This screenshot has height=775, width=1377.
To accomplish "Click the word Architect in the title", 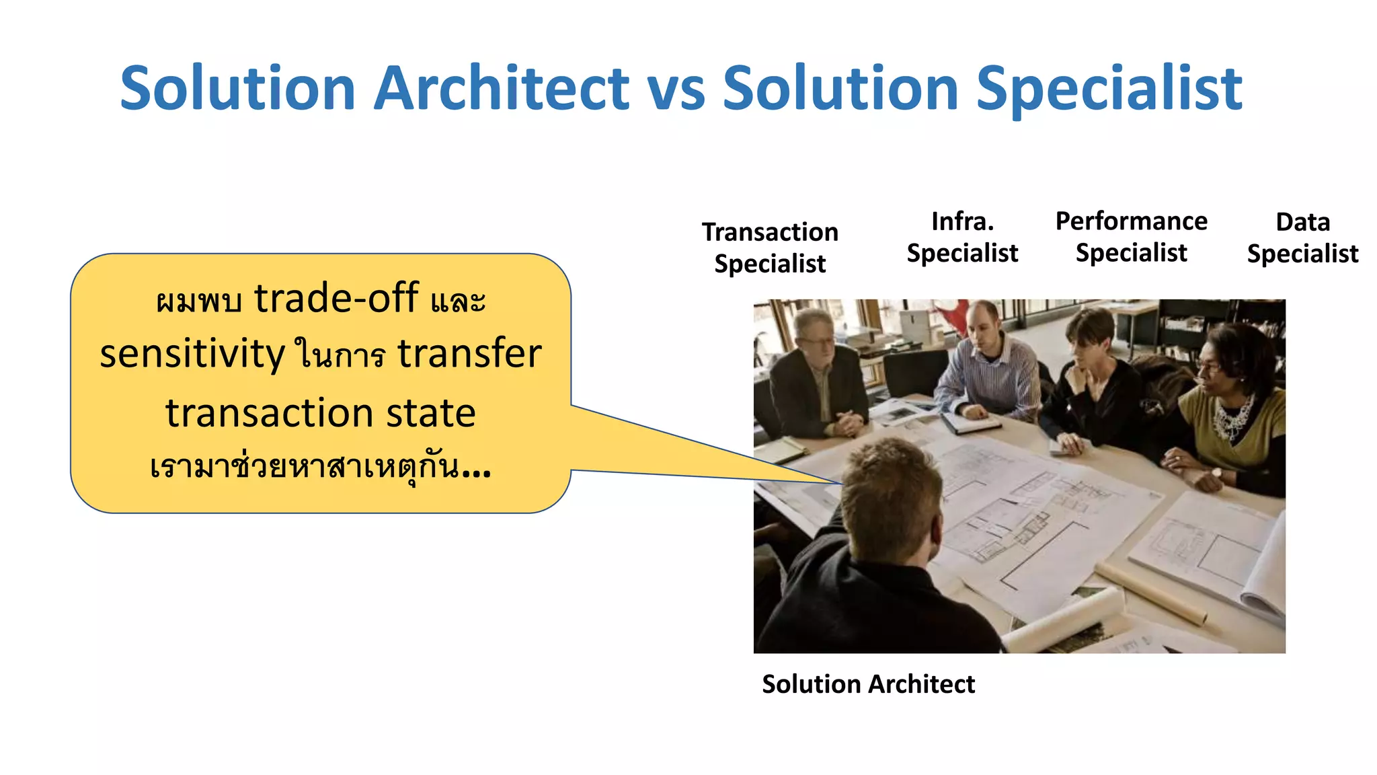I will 501,89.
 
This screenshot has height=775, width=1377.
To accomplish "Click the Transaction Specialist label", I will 770,248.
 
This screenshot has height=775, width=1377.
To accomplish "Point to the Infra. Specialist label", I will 962,237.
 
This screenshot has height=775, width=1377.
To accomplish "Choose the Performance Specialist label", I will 1131,237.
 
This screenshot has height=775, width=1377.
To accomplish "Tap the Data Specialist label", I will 1302,238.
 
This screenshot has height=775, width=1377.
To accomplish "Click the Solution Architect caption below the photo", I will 868,684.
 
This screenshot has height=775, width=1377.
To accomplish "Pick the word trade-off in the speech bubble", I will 336,298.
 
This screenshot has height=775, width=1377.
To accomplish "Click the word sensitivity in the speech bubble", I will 192,354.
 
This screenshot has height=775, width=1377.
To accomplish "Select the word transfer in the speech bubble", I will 469,354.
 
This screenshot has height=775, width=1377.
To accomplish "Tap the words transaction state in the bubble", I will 321,413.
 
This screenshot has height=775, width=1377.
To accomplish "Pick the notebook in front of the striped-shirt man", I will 972,422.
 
